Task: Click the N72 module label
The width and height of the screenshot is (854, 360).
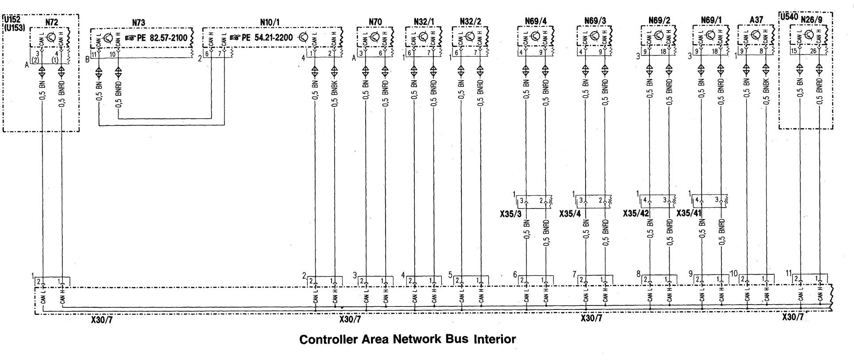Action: pyautogui.click(x=51, y=21)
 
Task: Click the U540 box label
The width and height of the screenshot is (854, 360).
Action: pyautogui.click(x=788, y=17)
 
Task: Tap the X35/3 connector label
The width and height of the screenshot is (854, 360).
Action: pyautogui.click(x=511, y=214)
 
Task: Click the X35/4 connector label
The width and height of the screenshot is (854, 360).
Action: pyautogui.click(x=570, y=214)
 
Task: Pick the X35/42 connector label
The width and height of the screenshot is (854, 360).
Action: pyautogui.click(x=636, y=214)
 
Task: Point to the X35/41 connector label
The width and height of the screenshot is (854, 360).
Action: pyautogui.click(x=689, y=214)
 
